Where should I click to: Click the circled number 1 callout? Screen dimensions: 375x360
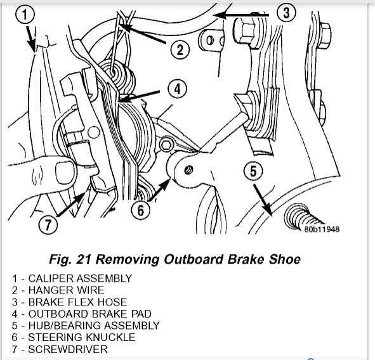click(25, 15)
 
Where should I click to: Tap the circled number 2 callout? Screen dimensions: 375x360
click(180, 50)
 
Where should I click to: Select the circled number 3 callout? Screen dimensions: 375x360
click(286, 13)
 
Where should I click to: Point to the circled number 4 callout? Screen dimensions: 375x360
click(177, 89)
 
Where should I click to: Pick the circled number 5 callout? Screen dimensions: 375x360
click(253, 170)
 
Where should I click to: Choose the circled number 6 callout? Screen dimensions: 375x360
click(141, 210)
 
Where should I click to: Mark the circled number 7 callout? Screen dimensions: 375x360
click(48, 224)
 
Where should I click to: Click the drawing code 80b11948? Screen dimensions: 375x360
click(322, 229)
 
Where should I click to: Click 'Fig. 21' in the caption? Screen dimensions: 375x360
click(70, 260)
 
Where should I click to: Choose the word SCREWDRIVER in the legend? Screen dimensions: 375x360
click(68, 349)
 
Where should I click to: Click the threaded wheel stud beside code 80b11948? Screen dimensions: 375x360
click(302, 217)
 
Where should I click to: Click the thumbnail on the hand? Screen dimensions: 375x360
click(65, 172)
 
